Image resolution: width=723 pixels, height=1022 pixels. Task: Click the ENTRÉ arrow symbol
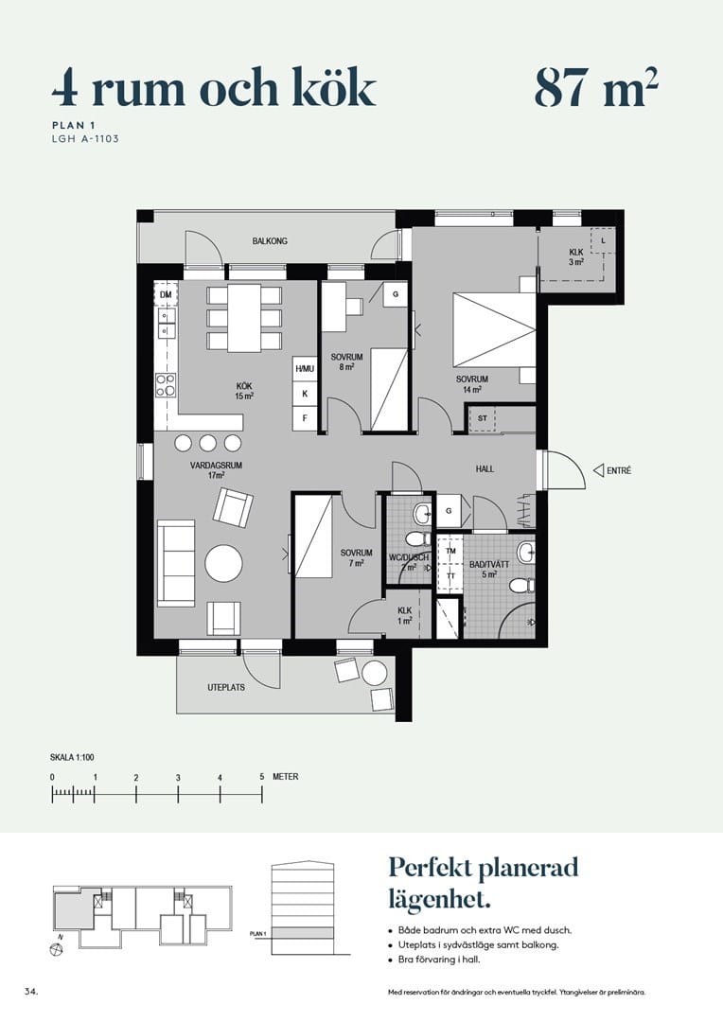[598, 470]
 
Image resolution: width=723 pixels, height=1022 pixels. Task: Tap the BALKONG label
[270, 241]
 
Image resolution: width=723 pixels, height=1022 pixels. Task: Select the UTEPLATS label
[226, 687]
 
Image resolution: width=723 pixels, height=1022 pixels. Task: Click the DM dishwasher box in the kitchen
[167, 295]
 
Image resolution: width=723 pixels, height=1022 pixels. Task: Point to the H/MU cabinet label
[305, 369]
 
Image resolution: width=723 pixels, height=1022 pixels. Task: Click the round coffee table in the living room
[223, 564]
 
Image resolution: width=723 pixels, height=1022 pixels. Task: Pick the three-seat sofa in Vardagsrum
[176, 563]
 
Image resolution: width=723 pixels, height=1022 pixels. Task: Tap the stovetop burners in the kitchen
[166, 386]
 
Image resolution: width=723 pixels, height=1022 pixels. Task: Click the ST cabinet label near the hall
[483, 418]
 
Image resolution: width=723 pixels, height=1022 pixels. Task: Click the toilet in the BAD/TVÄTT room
[520, 587]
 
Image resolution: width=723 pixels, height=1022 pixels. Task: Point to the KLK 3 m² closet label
[575, 256]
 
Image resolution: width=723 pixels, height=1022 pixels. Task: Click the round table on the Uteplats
[375, 674]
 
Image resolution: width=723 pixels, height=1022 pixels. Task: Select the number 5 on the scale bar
[262, 777]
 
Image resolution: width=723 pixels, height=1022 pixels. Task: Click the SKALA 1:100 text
[72, 757]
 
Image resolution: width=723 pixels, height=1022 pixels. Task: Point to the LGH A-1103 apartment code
[85, 138]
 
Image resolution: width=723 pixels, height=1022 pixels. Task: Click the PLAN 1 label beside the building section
[258, 934]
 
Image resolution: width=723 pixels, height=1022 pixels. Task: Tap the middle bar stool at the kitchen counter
[208, 443]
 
